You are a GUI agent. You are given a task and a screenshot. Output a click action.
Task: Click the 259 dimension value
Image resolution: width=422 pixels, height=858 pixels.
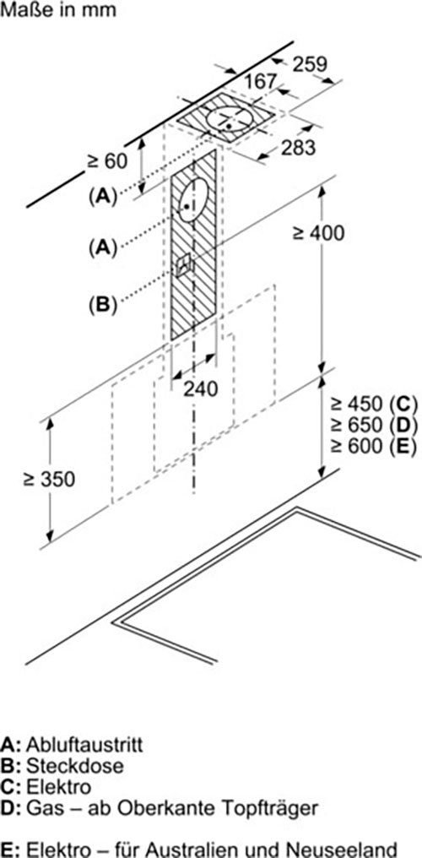click(310, 64)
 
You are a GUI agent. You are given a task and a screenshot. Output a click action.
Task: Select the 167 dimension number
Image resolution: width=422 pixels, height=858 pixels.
click(260, 82)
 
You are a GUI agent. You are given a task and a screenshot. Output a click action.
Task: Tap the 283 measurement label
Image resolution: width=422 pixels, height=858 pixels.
click(299, 147)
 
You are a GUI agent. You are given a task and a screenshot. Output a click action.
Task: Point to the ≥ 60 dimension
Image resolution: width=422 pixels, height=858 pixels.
click(106, 160)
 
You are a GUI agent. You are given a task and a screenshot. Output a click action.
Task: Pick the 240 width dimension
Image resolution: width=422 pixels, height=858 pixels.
click(200, 389)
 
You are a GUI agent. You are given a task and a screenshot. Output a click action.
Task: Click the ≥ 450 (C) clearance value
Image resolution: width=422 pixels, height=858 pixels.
click(374, 405)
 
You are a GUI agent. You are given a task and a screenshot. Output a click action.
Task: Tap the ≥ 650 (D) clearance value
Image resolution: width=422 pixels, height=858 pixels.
click(374, 425)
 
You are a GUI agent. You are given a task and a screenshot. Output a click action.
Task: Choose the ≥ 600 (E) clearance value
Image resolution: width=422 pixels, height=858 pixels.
click(374, 446)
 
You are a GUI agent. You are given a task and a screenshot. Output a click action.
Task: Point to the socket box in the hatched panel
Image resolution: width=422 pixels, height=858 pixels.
click(183, 264)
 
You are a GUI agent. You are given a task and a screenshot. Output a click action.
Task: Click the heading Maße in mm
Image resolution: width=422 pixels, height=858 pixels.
click(58, 10)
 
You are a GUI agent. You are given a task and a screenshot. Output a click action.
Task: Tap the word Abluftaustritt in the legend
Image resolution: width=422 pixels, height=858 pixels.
click(84, 745)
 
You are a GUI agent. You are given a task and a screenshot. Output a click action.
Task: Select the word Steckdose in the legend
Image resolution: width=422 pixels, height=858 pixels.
click(74, 765)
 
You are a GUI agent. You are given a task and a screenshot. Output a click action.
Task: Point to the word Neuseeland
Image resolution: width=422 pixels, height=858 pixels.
click(344, 850)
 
